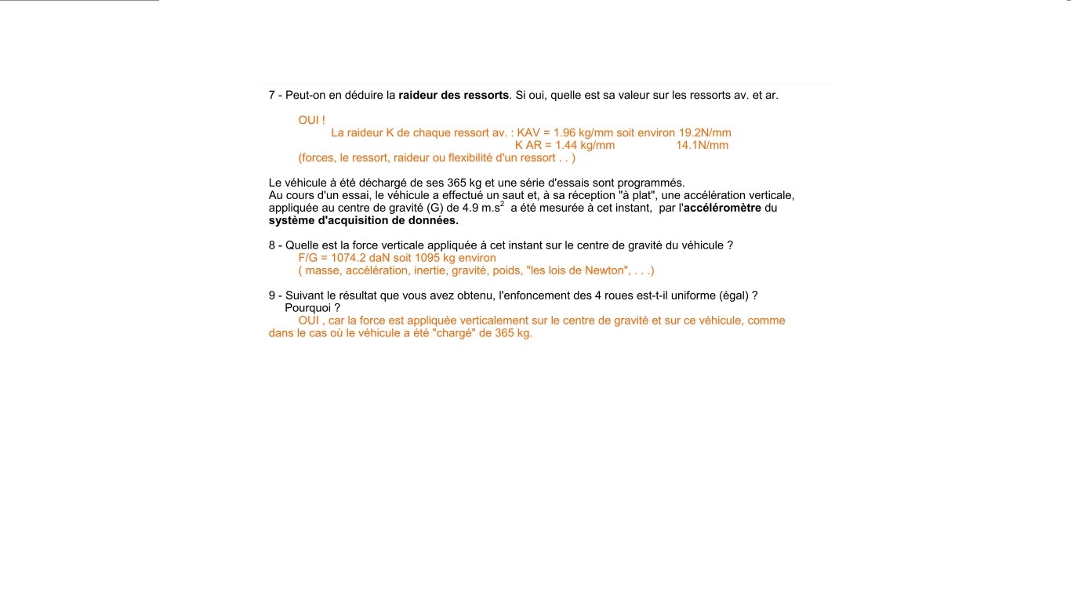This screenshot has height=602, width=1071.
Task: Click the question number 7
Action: (x=272, y=96)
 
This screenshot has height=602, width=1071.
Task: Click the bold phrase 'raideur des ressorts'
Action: (x=454, y=96)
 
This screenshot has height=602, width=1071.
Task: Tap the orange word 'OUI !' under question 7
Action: (x=311, y=121)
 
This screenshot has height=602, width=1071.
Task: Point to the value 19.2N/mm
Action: (x=705, y=133)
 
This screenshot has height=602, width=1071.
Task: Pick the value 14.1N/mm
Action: (x=702, y=146)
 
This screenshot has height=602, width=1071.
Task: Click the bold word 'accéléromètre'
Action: (x=722, y=209)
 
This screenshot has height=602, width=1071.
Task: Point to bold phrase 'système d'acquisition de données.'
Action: (x=363, y=221)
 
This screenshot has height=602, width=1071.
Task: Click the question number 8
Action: (x=272, y=245)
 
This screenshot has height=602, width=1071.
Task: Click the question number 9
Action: (x=272, y=296)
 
